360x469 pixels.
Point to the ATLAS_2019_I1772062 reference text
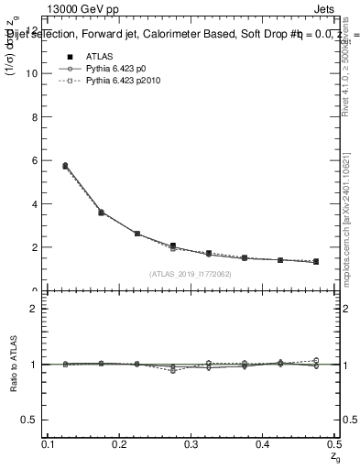tap(190, 274)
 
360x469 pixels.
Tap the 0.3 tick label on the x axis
tap(191, 444)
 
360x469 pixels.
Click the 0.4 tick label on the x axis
tap(262, 444)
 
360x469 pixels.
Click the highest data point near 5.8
tap(65, 166)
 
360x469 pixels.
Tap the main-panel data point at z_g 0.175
tap(101, 213)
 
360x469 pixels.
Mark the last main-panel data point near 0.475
tap(315, 262)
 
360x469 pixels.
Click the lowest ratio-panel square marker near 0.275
tap(172, 370)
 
